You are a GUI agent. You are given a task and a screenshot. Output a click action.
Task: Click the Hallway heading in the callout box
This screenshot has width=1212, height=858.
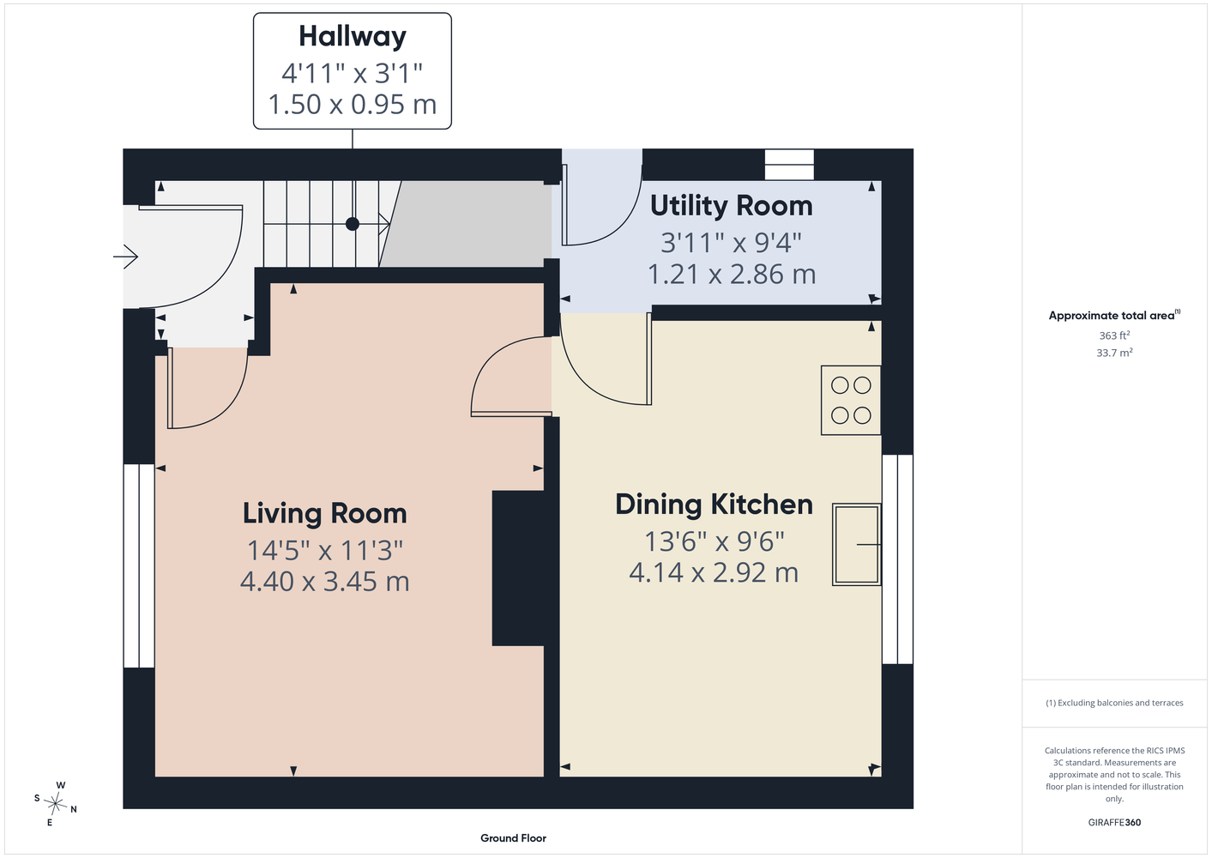tap(353, 38)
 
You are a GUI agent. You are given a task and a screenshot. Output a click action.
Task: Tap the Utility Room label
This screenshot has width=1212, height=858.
tap(731, 206)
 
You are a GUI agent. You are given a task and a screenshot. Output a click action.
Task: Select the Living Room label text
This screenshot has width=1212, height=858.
tap(324, 514)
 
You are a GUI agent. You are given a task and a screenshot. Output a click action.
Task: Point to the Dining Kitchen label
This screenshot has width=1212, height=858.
tap(714, 505)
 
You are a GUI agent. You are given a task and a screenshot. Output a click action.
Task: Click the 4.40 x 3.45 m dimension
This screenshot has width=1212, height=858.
tap(324, 582)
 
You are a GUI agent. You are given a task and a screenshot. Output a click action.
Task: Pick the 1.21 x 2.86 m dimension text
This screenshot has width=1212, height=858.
tap(732, 274)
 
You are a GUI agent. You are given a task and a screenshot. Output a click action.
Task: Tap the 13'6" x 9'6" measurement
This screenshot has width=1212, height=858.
tap(715, 541)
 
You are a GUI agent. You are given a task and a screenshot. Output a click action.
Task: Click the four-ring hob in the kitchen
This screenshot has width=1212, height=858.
tap(851, 401)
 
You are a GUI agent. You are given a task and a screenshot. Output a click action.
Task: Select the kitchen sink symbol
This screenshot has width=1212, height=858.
tap(857, 545)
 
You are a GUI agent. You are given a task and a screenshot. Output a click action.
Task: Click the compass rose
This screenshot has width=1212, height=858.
tap(55, 803)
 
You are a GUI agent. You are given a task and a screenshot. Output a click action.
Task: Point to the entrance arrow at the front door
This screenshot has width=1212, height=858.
tap(125, 257)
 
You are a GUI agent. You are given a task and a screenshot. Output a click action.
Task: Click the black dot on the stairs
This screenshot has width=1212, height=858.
tap(353, 224)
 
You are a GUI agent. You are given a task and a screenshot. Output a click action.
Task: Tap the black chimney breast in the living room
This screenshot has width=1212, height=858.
tap(518, 568)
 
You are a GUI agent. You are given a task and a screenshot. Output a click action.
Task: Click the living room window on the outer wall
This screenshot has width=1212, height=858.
tap(139, 565)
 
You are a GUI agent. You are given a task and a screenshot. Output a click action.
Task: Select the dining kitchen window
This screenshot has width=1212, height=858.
tap(898, 559)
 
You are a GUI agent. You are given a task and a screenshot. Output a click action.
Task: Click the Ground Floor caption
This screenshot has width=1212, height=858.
tap(514, 838)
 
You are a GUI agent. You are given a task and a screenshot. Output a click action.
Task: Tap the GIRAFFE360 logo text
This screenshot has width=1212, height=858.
tap(1114, 822)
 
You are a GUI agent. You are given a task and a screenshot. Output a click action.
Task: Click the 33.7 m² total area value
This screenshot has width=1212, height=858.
tap(1114, 353)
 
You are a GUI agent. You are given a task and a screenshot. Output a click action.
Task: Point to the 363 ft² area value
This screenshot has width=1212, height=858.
tap(1114, 335)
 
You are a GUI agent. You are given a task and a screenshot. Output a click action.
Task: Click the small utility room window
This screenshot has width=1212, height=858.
tap(789, 165)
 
